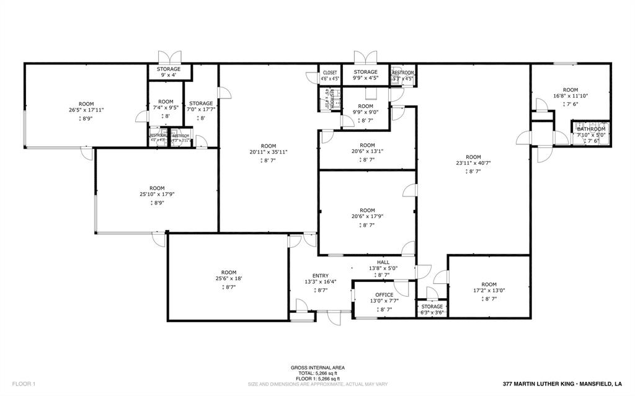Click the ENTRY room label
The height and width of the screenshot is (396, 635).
click(321, 276)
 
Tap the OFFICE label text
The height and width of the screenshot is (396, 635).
click(384, 295)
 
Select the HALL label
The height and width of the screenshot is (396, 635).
click(383, 262)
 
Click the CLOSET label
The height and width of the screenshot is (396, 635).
click(330, 73)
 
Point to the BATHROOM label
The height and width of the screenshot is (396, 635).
click(591, 129)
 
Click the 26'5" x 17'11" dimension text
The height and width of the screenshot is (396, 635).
click(86, 110)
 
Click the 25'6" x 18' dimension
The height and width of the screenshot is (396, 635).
click(229, 279)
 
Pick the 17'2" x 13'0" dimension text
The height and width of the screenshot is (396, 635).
click(489, 291)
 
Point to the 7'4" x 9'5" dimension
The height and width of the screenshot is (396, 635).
click(166, 108)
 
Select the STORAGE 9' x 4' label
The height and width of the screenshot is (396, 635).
click(168, 69)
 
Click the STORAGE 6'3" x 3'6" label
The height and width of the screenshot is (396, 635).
click(432, 307)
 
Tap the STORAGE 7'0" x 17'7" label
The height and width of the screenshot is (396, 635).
click(201, 103)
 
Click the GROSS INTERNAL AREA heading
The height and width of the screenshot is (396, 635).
click(317, 367)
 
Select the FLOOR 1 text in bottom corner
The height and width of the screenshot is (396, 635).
click(24, 384)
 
